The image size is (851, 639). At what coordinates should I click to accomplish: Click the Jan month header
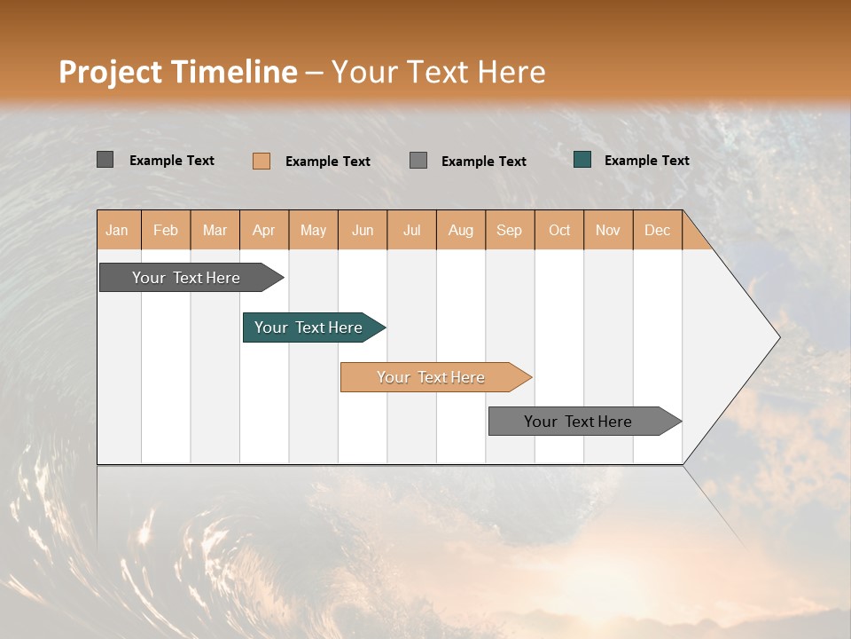[x=118, y=230]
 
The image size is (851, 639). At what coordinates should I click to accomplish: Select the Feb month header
[x=166, y=230]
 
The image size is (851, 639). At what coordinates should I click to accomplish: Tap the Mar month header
[x=215, y=230]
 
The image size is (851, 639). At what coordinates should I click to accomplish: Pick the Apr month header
[x=264, y=230]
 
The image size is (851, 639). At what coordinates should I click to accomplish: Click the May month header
[x=313, y=230]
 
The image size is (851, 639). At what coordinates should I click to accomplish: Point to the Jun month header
[x=363, y=230]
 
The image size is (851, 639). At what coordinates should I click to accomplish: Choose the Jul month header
[x=411, y=230]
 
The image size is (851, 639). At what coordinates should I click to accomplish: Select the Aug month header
[x=461, y=230]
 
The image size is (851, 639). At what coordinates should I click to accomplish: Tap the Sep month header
[x=510, y=230]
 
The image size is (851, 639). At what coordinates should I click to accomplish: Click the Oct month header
[x=559, y=230]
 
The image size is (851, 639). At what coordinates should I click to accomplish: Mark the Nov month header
[x=608, y=230]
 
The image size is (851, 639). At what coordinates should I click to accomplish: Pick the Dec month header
[x=658, y=230]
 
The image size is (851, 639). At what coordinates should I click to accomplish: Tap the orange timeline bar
[x=432, y=377]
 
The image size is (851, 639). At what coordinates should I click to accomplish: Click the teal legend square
[x=582, y=160]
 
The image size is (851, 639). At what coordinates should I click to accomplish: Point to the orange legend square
[x=262, y=161]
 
